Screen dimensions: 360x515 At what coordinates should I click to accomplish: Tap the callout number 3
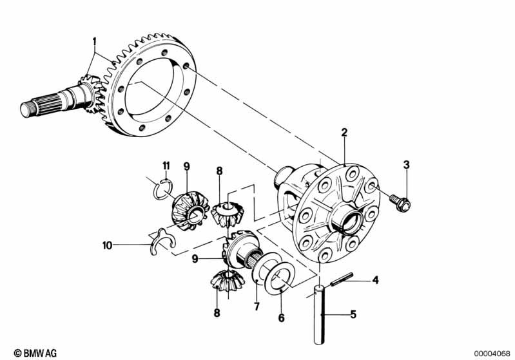tap(406, 166)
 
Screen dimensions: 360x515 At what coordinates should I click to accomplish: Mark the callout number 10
tap(106, 245)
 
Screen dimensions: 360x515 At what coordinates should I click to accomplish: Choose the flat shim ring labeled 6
tap(278, 276)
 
